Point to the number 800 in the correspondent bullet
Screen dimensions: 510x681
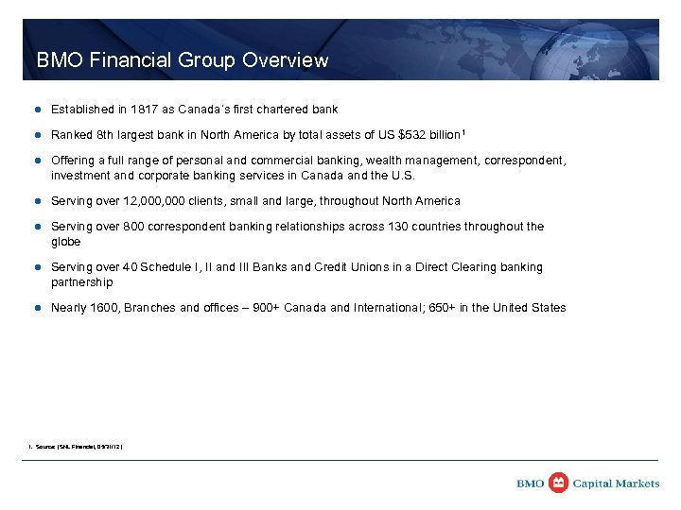pos(133,227)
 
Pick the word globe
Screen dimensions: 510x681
pos(66,241)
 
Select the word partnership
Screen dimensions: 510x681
pos(81,281)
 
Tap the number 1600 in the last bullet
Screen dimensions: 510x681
pos(107,308)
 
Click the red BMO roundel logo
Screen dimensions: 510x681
pos(559,483)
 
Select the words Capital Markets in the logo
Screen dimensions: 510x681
pos(617,484)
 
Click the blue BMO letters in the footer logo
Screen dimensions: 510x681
pos(531,484)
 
